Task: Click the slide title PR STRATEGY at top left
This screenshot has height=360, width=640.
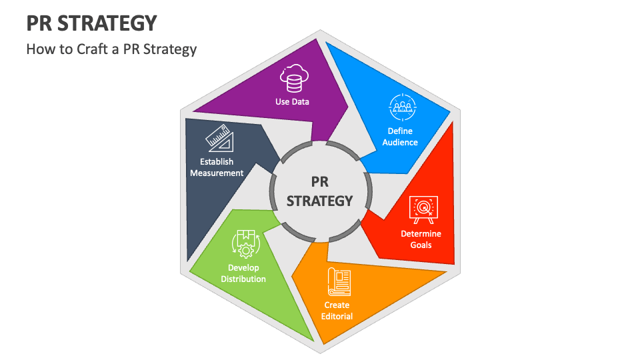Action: tap(92, 24)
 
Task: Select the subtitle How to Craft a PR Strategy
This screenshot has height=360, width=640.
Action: tap(111, 49)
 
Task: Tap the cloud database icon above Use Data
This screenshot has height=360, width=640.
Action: tap(293, 79)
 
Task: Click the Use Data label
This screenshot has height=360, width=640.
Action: tap(293, 102)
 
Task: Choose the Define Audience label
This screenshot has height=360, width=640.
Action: tap(401, 137)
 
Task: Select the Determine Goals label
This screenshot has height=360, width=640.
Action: tap(421, 239)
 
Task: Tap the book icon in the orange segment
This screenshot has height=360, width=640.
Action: tap(338, 282)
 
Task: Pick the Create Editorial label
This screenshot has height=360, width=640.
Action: tap(337, 311)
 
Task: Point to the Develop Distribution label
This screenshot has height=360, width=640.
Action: tap(243, 273)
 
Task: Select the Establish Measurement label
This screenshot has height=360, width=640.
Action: tap(217, 167)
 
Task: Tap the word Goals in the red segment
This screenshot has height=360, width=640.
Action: tap(421, 245)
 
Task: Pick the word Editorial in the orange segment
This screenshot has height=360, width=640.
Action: tap(337, 316)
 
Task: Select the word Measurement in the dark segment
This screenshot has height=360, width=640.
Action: tap(217, 173)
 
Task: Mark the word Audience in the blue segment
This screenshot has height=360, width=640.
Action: tap(401, 142)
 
